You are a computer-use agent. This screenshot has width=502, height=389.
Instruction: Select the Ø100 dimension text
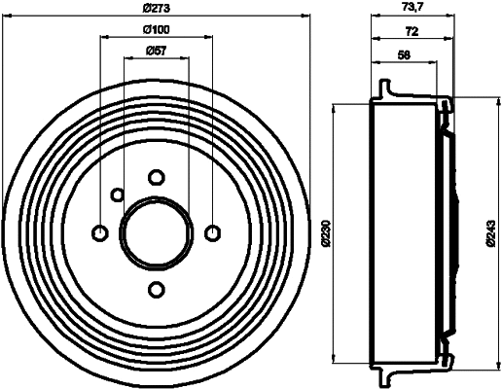tap(157, 30)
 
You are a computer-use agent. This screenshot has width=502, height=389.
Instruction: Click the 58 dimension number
tap(403, 53)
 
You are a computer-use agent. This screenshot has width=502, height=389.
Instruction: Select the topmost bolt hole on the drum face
tap(156, 177)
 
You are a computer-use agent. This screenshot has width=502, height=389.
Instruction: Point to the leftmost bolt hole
tap(99, 232)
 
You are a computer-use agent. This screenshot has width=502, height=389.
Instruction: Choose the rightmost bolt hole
tap(212, 232)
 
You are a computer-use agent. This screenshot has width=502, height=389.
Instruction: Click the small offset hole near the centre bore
tap(117, 194)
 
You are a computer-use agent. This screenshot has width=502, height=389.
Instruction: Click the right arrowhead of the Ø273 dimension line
tap(304, 17)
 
